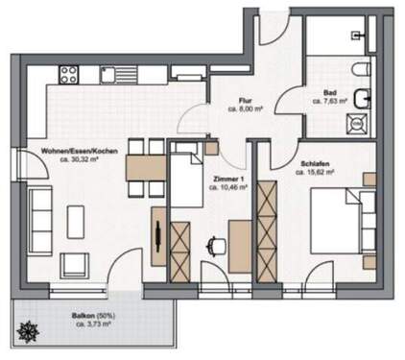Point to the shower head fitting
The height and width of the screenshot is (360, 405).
pos(357,35)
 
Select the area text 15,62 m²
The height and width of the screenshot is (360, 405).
pos(321,175)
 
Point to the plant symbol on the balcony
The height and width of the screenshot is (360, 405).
pos(26,332)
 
